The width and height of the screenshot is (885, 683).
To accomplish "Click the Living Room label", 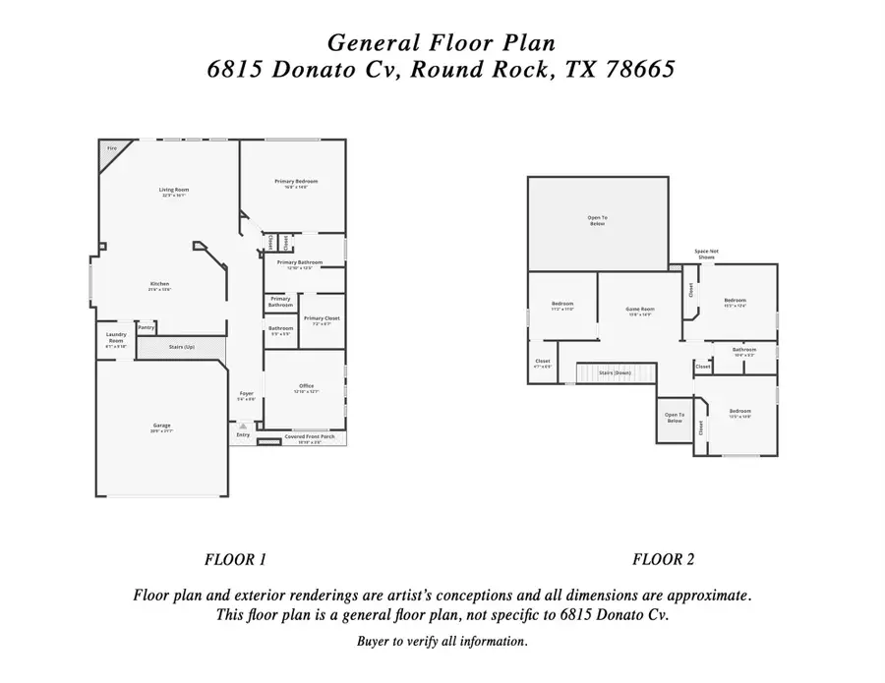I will pyautogui.click(x=175, y=189).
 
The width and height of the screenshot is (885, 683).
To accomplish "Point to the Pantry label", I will pyautogui.click(x=146, y=327).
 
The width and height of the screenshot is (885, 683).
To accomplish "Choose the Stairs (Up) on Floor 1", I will pyautogui.click(x=182, y=348).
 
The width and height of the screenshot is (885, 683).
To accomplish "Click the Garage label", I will pyautogui.click(x=160, y=426).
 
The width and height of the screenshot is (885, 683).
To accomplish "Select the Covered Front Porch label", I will pyautogui.click(x=309, y=436).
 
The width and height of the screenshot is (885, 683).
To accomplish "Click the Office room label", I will pyautogui.click(x=306, y=385).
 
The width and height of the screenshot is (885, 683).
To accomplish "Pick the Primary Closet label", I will pyautogui.click(x=321, y=318).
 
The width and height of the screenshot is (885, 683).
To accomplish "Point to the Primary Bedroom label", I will pyautogui.click(x=296, y=181).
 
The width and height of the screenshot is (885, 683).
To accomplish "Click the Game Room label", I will pyautogui.click(x=640, y=309).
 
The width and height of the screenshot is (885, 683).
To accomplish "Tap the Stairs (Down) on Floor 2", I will pyautogui.click(x=616, y=373).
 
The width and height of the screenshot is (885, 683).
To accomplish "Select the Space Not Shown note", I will pyautogui.click(x=706, y=254).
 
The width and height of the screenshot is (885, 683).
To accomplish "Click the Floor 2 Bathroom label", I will pyautogui.click(x=744, y=349).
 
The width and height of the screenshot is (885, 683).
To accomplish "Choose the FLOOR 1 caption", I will pyautogui.click(x=235, y=560).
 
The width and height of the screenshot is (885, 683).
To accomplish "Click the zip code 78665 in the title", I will pyautogui.click(x=637, y=72).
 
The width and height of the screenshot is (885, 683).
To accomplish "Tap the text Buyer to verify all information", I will pyautogui.click(x=442, y=642).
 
